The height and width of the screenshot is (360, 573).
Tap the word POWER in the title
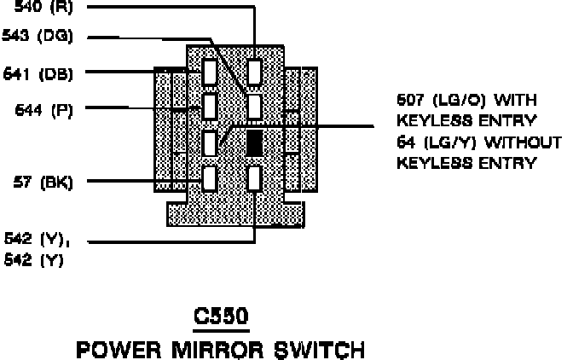pyautogui.click(x=120, y=349)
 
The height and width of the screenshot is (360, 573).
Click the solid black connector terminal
pyautogui.click(x=254, y=142)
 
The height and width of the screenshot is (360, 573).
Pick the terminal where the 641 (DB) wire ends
pyautogui.click(x=210, y=71)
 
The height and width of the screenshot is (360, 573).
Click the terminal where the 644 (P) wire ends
pyautogui.click(x=210, y=107)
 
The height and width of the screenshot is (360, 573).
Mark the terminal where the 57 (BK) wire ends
pyautogui.click(x=210, y=178)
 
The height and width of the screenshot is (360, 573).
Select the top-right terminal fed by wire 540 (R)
pyautogui.click(x=254, y=71)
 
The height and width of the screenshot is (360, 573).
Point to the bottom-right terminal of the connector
pyautogui.click(x=254, y=178)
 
